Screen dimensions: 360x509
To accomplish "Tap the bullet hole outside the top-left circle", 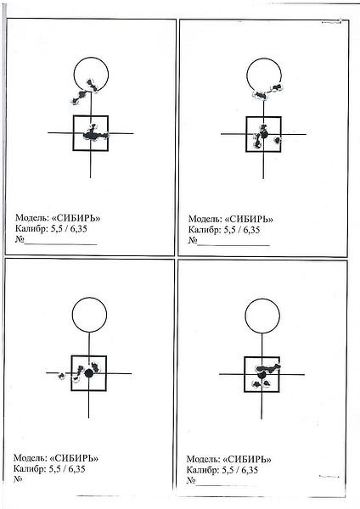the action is [78, 98].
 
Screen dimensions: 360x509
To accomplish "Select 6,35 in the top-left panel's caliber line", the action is [78, 229].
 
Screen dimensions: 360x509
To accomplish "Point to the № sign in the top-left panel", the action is [20, 240].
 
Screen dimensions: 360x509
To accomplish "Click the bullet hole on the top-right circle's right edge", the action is [277, 87].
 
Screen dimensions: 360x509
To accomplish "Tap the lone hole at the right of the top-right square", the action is [277, 140].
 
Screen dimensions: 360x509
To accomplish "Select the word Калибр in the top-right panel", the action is [205, 230].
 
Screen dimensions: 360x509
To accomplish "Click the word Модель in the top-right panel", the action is [205, 219].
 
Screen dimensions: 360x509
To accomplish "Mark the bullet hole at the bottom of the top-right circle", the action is [261, 95].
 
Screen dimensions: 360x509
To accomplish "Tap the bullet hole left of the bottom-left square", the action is [61, 376].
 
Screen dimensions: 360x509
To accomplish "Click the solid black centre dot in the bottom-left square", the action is [88, 373].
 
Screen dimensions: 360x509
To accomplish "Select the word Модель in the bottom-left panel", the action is [31, 458].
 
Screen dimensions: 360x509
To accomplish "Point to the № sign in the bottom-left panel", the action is [18, 479].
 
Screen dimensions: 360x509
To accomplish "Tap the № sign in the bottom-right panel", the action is [191, 480].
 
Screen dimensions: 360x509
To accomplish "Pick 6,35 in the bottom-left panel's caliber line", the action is [76, 469].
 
